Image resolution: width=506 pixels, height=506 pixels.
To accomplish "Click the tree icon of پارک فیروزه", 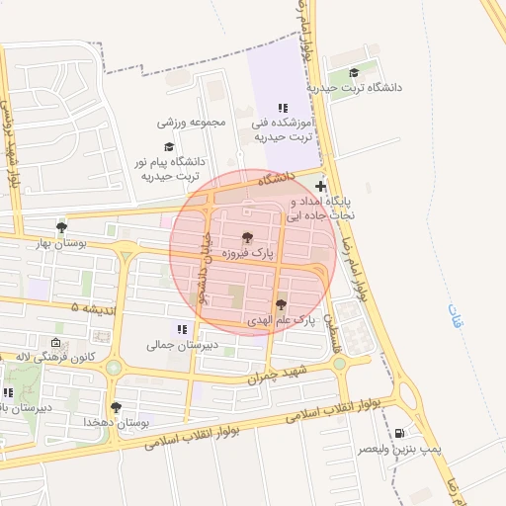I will coord(247,237).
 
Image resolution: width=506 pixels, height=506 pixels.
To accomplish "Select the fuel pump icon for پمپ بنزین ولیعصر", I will coord(398,433).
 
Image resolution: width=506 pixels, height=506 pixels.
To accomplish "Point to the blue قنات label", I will coord(455,316).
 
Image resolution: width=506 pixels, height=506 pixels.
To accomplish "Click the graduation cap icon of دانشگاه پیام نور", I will coord(168,145).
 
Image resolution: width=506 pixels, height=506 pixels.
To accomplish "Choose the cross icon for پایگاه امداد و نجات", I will coord(320,186).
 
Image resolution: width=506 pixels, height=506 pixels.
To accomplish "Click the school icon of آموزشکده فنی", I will coord(283,108).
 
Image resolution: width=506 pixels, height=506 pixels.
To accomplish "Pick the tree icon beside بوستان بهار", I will coord(62,227).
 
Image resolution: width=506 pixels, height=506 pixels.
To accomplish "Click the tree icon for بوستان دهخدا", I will coord(116,406).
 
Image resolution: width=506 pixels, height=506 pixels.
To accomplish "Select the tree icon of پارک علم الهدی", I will coord(281,305).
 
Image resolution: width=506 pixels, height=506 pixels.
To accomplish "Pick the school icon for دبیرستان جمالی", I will coord(181,329).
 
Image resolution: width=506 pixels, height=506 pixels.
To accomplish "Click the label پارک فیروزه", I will coord(246,254).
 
